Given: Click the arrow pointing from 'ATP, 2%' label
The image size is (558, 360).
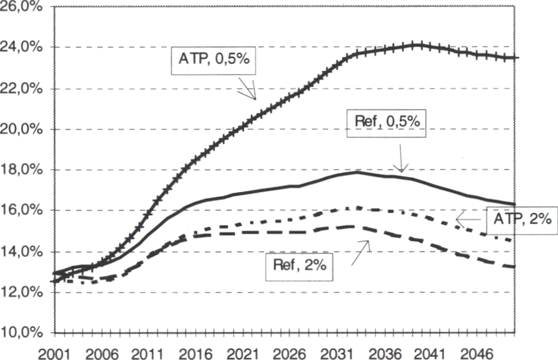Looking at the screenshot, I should click(469, 220).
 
